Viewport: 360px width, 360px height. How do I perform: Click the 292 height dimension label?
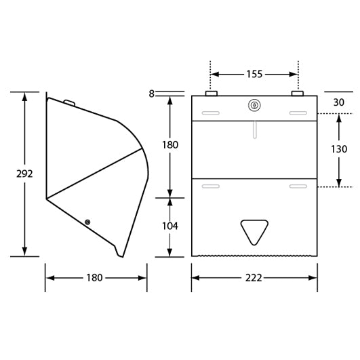24,174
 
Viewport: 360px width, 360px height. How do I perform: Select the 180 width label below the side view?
95,278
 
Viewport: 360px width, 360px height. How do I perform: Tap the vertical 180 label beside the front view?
169,145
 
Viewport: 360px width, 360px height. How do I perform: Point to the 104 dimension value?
169,226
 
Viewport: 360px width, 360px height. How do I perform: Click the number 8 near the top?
151,94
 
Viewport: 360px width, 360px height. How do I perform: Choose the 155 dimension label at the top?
254,74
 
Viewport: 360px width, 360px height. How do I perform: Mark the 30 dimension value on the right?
339,102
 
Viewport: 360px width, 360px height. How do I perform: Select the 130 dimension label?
339,149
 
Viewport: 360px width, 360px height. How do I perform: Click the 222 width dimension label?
254,278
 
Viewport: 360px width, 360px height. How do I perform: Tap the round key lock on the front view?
254,104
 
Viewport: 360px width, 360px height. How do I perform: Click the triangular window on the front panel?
254,231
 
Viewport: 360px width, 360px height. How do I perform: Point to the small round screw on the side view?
87,222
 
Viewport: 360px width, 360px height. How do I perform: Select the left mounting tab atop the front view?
211,93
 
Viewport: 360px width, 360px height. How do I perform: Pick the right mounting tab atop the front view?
298,93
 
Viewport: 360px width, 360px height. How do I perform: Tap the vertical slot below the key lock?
254,129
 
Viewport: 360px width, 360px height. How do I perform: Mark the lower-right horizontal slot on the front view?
298,186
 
